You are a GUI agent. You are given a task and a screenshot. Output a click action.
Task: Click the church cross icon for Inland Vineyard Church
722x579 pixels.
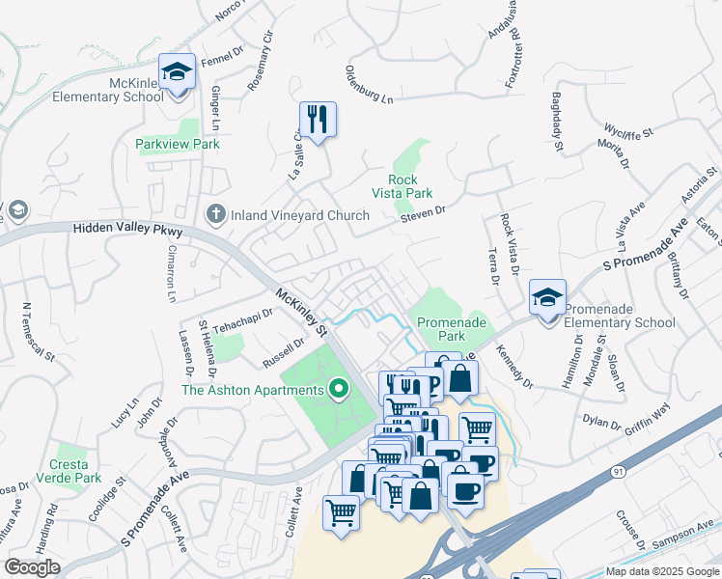click(216, 214)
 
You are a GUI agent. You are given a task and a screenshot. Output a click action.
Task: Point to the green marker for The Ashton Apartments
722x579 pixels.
click(338, 390)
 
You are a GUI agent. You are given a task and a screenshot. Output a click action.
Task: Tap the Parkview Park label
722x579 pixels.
click(178, 144)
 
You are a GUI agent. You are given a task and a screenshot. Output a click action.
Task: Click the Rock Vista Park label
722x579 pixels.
click(409, 186)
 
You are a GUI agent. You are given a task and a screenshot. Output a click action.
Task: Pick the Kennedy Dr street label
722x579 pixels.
click(514, 371)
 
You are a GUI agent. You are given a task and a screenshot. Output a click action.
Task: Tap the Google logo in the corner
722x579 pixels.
click(32, 567)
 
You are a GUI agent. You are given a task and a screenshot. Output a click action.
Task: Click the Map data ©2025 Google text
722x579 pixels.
click(662, 571)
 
